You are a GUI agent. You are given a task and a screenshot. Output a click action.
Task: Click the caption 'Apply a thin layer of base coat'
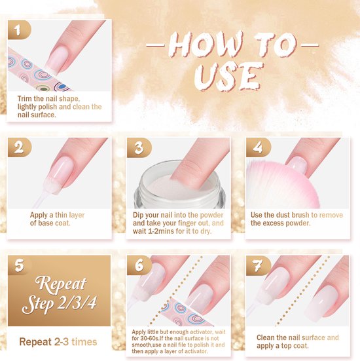coord(58,219)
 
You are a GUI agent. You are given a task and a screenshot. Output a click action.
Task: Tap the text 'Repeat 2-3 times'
coord(58,341)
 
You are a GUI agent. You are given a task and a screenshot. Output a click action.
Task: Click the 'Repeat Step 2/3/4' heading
coord(58,295)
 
